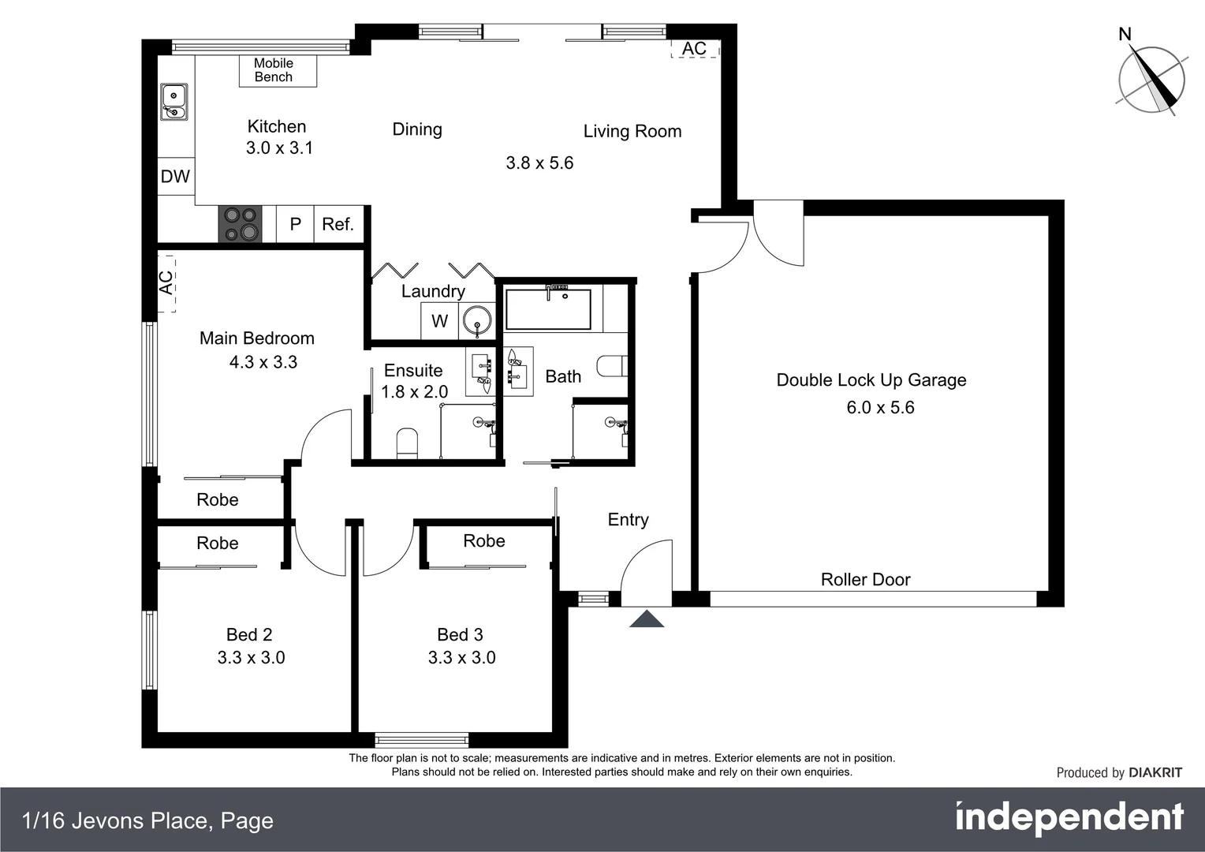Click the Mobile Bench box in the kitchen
coord(278,70)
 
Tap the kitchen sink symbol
coord(173,102)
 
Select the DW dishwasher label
coord(175,177)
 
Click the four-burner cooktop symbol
coord(240,224)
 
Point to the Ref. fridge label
coord(338,224)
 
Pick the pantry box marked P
coord(296,224)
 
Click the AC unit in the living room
coord(695,48)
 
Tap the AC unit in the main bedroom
coord(166,282)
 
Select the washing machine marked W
coord(439,321)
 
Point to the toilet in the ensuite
coord(407,443)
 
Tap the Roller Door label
coord(865,580)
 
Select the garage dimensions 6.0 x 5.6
coord(880,408)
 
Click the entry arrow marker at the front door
coord(647,619)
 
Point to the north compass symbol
coord(1151,79)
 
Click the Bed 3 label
coord(460,635)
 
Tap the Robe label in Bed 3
coord(483,541)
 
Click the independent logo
coord(1069,818)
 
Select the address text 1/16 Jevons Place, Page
coord(148,821)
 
